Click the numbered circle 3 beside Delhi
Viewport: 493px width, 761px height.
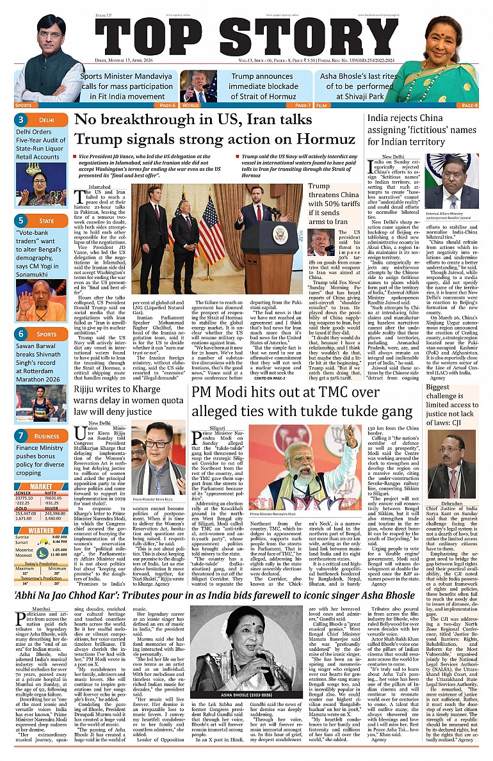click(x=21, y=120)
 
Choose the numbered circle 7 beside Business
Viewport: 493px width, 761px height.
click(x=21, y=436)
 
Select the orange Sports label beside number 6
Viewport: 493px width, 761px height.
click(x=46, y=334)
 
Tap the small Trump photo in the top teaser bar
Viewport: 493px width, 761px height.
click(x=198, y=86)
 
